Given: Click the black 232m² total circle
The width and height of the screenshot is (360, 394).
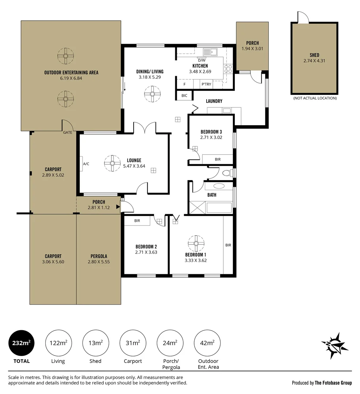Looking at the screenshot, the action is pyautogui.click(x=22, y=343).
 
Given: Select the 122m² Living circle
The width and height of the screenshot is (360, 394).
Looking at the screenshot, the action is pyautogui.click(x=58, y=343).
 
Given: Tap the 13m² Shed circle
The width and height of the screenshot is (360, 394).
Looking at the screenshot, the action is pyautogui.click(x=96, y=343).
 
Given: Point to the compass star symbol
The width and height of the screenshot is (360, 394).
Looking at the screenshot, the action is pyautogui.click(x=334, y=345).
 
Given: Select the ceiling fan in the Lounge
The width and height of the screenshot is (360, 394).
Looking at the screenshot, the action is pyautogui.click(x=112, y=163).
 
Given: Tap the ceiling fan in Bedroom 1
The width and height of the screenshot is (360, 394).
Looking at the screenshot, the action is pyautogui.click(x=196, y=243).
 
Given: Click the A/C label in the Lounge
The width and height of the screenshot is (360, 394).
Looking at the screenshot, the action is pyautogui.click(x=86, y=164).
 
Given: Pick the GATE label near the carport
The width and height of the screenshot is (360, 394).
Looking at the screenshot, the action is pyautogui.click(x=68, y=132).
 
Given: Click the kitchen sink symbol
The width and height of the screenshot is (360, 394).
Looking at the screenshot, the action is pyautogui.click(x=211, y=52).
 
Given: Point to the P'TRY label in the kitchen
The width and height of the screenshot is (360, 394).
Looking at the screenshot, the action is pyautogui.click(x=206, y=84).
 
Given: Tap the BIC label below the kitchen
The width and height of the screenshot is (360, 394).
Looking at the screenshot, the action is pyautogui.click(x=184, y=96).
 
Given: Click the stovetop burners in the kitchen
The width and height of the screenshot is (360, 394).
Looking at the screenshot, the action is pyautogui.click(x=228, y=69).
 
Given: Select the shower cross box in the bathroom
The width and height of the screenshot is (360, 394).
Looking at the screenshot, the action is pyautogui.click(x=198, y=207).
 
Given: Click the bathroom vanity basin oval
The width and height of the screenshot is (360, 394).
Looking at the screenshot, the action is pyautogui.click(x=219, y=186).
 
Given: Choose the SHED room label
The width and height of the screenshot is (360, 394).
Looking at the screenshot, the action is pyautogui.click(x=314, y=55).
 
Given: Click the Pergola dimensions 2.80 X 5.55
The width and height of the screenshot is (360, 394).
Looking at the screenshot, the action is pyautogui.click(x=99, y=262).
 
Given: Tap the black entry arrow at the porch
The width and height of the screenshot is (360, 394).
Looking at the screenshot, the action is pyautogui.click(x=118, y=207).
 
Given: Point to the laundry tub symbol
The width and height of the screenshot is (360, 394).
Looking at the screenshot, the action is pyautogui.click(x=226, y=111).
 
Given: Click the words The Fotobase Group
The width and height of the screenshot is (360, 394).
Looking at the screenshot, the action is pyautogui.click(x=333, y=383).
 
